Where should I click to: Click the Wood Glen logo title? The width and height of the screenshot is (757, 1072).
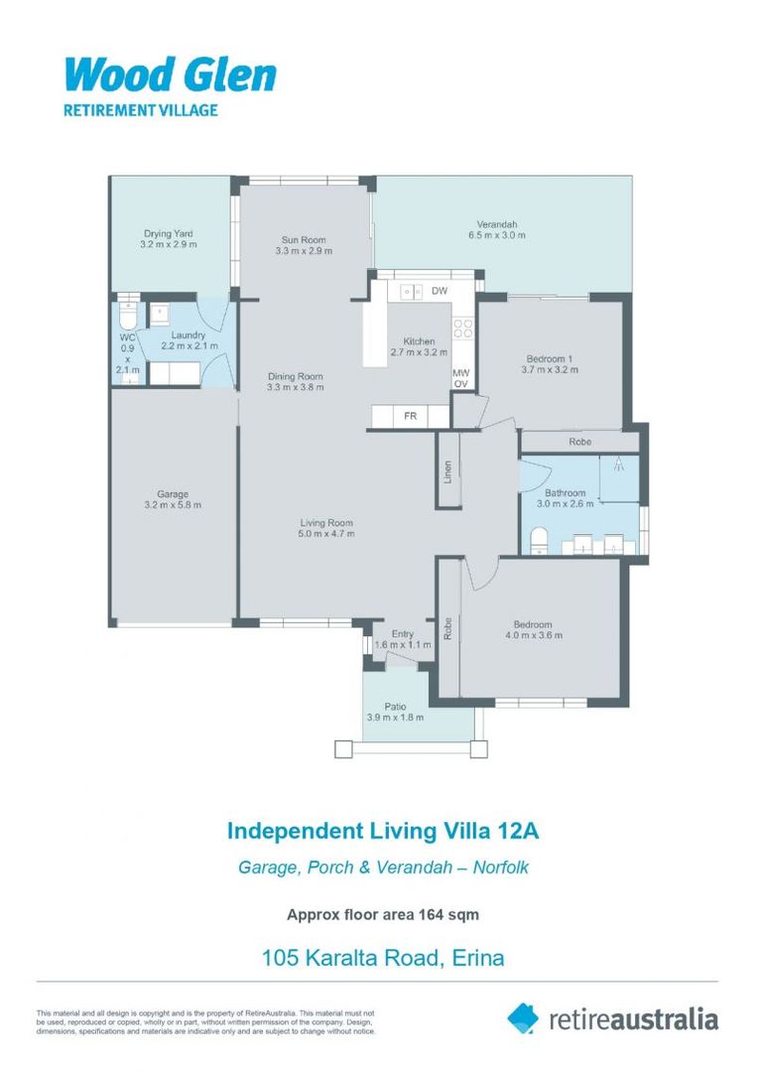[x=170, y=75]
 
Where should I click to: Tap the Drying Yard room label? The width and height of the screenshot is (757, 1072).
[x=168, y=233]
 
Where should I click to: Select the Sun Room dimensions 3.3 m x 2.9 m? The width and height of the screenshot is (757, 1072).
[x=303, y=252]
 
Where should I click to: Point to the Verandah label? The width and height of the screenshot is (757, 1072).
[x=496, y=224]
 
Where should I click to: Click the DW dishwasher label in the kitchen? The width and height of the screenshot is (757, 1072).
[x=440, y=291]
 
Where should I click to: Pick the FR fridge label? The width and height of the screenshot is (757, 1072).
[x=410, y=417]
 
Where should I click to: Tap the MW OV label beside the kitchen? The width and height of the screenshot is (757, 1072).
[x=460, y=379]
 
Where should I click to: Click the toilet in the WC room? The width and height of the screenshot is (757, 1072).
[x=126, y=317]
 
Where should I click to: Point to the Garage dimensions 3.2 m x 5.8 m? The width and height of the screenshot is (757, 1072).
[x=172, y=505]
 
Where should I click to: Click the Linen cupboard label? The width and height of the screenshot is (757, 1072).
[x=448, y=472]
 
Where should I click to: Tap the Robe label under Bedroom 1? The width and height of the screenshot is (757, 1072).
[x=580, y=441]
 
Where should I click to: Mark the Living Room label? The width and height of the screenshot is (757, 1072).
[x=326, y=523]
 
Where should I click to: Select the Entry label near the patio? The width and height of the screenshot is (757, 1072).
[x=403, y=633]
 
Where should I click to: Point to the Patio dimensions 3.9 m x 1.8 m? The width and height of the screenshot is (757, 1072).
[x=395, y=718]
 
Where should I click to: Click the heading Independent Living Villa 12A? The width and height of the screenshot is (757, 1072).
[x=382, y=829]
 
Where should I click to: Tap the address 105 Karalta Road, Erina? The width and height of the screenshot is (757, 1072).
[x=382, y=958]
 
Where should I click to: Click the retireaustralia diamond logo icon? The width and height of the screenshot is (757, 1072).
[x=523, y=1017]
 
